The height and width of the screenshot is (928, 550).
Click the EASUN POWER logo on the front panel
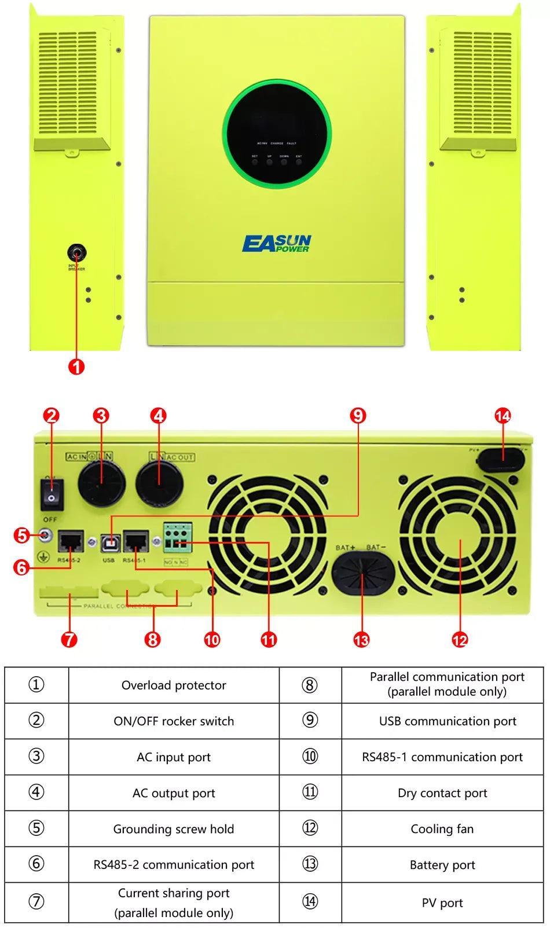277,244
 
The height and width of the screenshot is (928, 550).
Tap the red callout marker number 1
76,366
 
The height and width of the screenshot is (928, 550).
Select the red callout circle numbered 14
503,416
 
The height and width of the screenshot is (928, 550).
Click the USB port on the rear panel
109,543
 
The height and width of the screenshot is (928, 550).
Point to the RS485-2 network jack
70,542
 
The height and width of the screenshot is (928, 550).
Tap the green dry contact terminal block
178,537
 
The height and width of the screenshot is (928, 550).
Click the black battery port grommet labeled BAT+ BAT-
363,575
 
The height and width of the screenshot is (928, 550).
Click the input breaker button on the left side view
76,253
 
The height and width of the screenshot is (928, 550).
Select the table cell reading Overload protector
174,685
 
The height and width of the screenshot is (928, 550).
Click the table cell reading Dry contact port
442,793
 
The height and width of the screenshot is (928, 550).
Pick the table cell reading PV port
442,903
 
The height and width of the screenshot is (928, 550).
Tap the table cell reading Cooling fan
442,829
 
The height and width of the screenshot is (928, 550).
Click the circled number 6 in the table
36,864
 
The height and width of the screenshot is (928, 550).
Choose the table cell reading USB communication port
447,721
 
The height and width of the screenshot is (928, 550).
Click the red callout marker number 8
152,639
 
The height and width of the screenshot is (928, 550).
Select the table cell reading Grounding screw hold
174,829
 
